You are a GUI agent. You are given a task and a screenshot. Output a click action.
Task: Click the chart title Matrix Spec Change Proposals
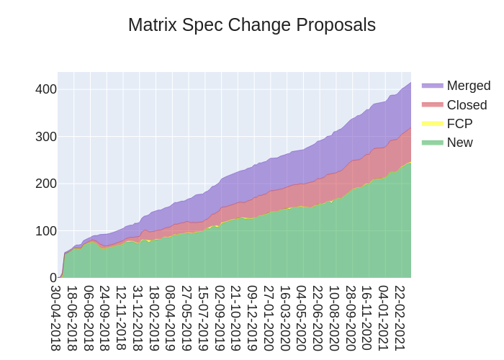point(252,25)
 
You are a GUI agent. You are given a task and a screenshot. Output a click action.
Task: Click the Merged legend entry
point(468,86)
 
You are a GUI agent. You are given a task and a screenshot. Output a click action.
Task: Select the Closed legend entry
point(467,105)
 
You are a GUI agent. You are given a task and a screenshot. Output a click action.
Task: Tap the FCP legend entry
point(459,124)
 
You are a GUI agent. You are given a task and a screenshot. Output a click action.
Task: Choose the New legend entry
point(459,143)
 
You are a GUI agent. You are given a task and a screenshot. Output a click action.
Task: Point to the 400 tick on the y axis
point(46,89)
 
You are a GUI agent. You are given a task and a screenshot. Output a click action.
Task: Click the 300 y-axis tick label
point(46,137)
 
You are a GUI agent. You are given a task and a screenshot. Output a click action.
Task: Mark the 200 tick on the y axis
point(46,184)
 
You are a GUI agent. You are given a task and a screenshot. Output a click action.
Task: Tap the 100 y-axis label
point(46,231)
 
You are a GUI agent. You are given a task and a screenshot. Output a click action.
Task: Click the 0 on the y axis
point(53,278)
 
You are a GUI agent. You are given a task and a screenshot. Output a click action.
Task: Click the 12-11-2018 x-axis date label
point(122,318)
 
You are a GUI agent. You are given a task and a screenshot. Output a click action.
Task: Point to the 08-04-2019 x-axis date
point(171,318)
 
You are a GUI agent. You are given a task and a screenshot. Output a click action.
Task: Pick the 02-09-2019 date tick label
point(220,318)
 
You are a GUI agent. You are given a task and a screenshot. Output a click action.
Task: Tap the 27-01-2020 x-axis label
point(269,318)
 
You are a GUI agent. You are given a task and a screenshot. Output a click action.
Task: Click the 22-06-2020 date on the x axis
point(318,318)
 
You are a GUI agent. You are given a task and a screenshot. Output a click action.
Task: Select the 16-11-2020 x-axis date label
point(366,318)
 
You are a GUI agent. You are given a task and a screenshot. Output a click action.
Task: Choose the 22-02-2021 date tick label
point(400,318)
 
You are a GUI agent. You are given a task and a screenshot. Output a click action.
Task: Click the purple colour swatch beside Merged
point(432,86)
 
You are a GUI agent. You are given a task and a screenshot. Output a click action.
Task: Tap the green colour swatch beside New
point(432,143)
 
